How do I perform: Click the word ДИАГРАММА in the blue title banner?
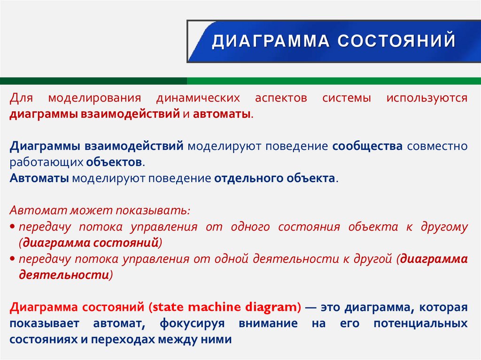270,41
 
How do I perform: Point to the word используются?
427,98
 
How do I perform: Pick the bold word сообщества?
367,146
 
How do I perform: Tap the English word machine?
216,307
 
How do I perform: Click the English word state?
169,307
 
